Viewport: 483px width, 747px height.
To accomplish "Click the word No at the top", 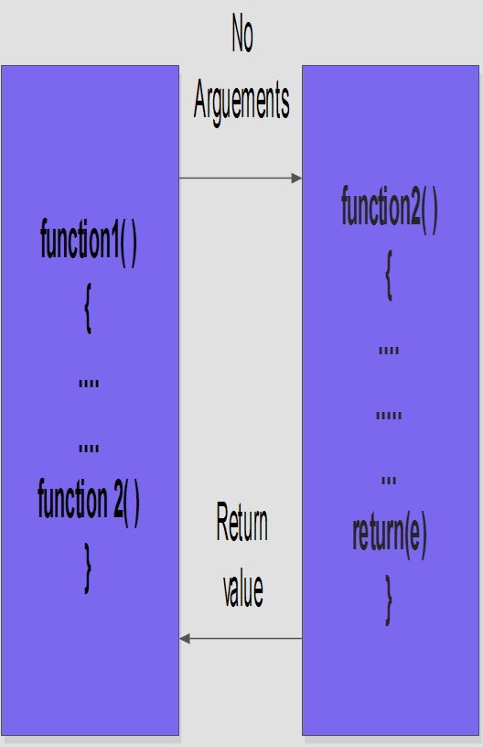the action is click(242, 33).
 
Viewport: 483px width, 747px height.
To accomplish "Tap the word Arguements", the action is click(241, 102).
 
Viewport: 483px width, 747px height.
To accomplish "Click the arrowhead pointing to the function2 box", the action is click(296, 179).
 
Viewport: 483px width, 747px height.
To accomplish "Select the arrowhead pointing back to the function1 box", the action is click(185, 638).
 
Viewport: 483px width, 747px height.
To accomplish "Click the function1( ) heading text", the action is click(89, 241).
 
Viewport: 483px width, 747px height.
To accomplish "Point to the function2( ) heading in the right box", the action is click(390, 209).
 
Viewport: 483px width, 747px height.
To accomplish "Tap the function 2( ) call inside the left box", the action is click(89, 503).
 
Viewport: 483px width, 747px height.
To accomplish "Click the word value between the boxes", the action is click(242, 590).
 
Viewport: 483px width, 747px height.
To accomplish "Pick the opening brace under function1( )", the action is click(88, 309).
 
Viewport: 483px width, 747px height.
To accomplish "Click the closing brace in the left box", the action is click(88, 568).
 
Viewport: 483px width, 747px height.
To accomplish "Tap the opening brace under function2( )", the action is click(389, 276).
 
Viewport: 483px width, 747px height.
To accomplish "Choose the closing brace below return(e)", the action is click(389, 601).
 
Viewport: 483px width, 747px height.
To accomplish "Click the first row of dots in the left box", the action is click(89, 384).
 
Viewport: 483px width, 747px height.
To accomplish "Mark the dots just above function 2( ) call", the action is click(89, 449).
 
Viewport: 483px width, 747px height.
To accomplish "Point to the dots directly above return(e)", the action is click(389, 481).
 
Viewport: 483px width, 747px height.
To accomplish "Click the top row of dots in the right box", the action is click(389, 351).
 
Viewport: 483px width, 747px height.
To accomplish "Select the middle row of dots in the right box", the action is click(389, 416).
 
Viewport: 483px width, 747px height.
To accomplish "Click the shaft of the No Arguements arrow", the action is click(235, 179).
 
